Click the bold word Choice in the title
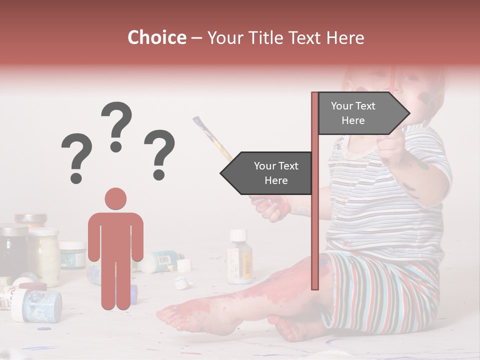pos(156,38)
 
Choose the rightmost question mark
pos(159,154)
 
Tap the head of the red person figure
pos(115,199)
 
